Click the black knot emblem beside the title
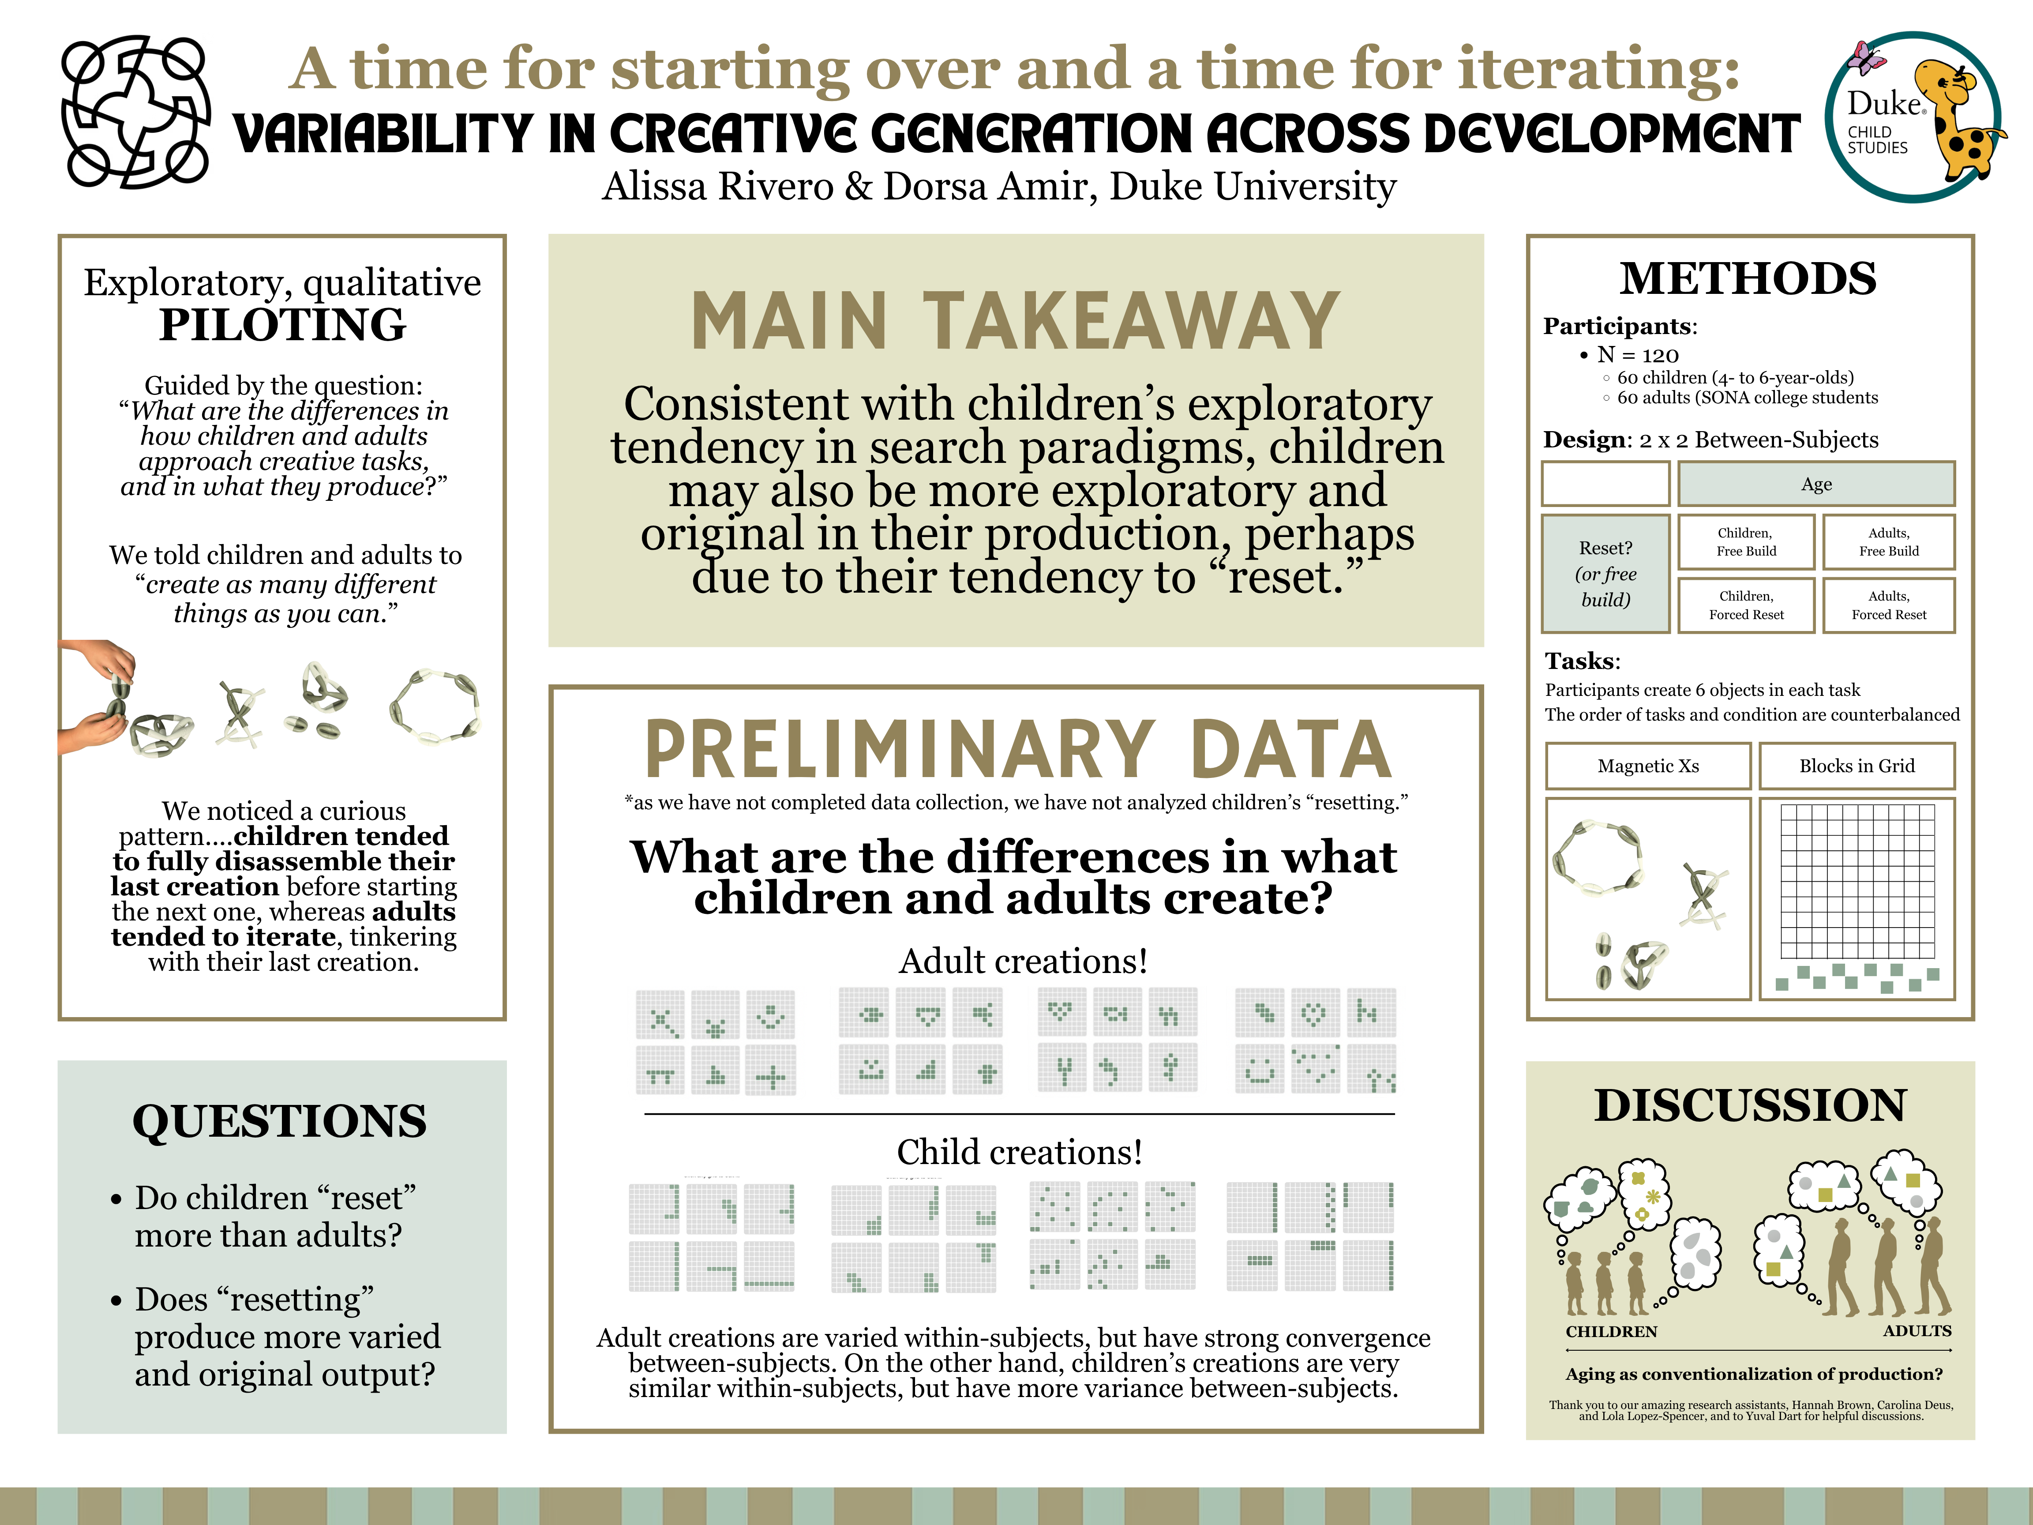click(135, 112)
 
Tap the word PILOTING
click(282, 324)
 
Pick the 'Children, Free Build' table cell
click(1745, 542)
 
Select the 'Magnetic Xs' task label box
click(1648, 766)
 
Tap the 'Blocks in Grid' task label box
click(1857, 766)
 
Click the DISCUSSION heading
click(1750, 1106)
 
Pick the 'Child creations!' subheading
click(1019, 1152)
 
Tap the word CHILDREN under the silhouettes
click(1611, 1332)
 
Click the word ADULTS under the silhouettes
click(1916, 1331)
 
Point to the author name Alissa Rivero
click(718, 187)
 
